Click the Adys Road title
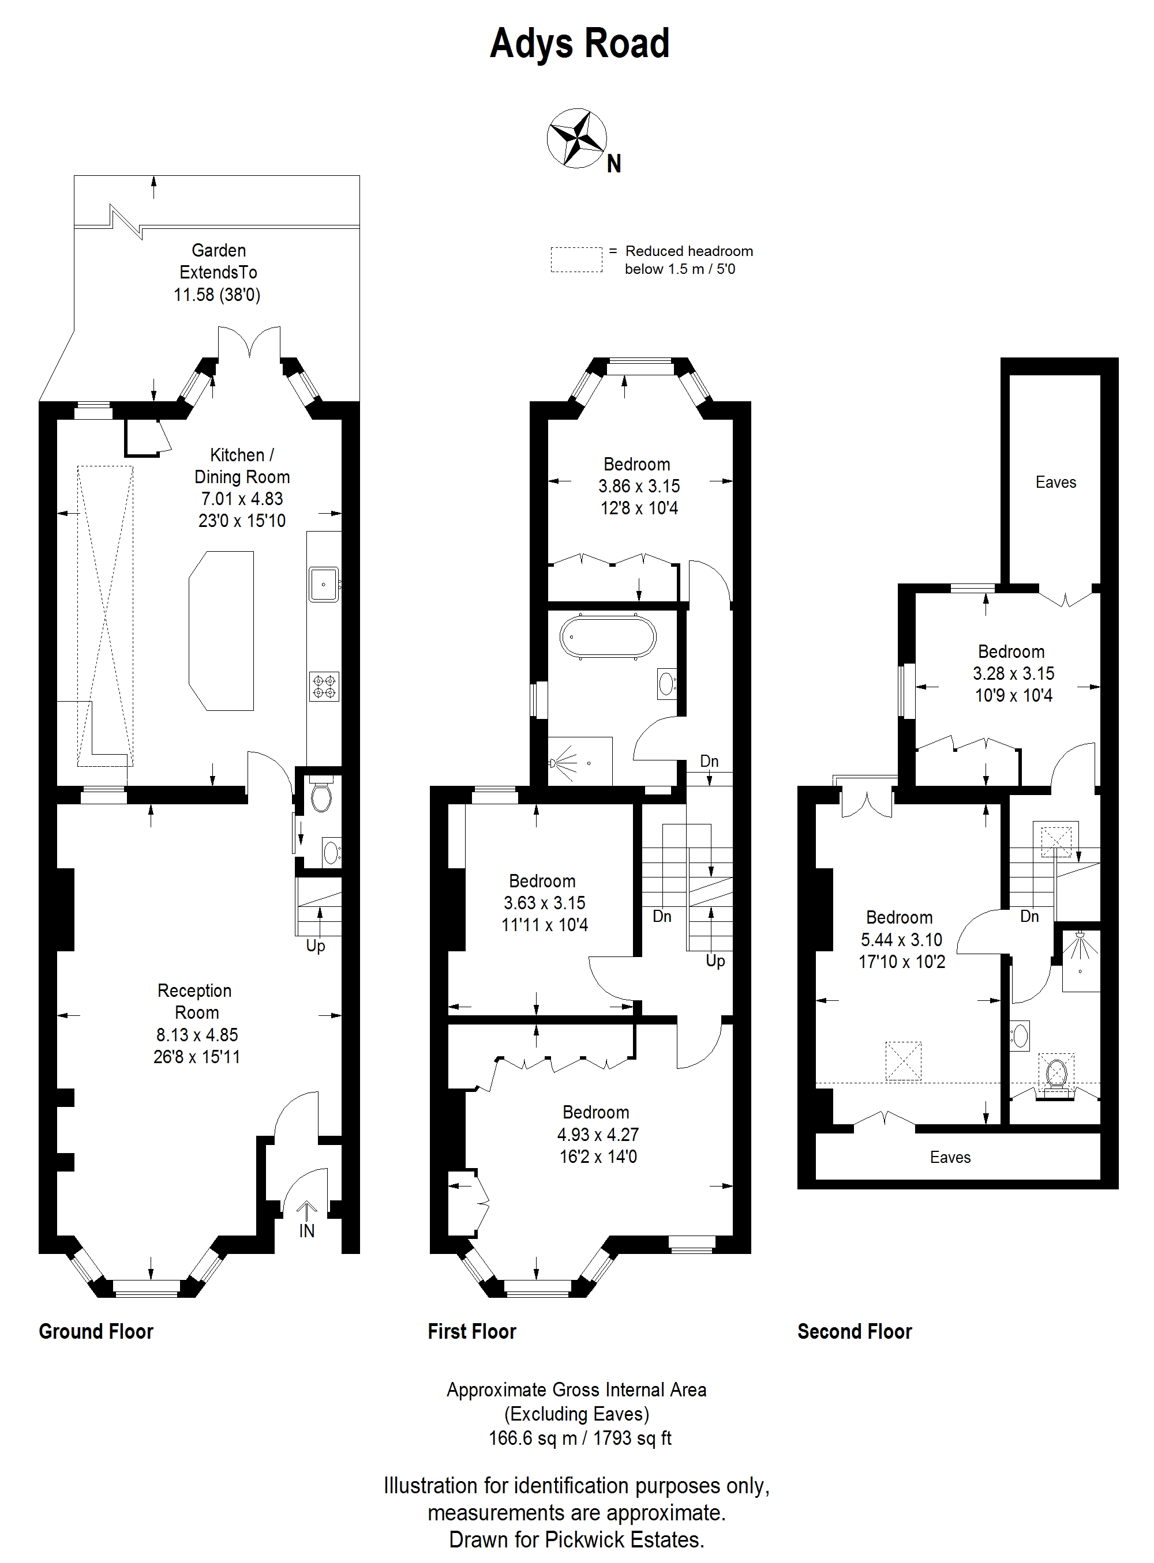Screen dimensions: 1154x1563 580,43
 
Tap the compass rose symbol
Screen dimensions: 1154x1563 576,138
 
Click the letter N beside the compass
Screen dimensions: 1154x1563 614,164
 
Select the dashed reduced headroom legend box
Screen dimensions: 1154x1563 576,259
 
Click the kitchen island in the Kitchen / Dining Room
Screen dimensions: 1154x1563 221,630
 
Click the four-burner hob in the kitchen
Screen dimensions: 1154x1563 324,686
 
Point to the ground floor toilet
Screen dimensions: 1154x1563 321,795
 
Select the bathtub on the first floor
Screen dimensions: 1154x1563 608,635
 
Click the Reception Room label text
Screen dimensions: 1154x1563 196,1001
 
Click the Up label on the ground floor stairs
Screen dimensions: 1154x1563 316,947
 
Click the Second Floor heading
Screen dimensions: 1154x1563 855,1331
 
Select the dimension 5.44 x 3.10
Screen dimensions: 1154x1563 901,940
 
